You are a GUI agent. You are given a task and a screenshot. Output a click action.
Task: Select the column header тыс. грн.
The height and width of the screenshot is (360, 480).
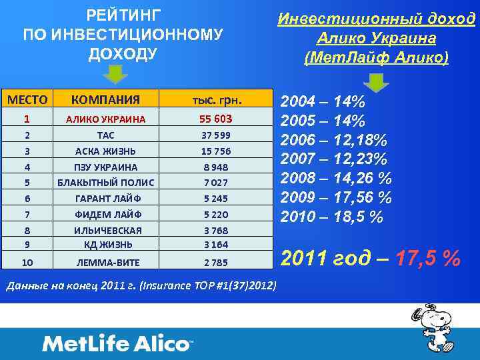tap(216, 100)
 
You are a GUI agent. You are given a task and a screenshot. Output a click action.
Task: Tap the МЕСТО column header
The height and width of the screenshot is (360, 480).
tap(27, 100)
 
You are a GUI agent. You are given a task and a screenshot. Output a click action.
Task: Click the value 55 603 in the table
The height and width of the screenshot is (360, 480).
tap(216, 119)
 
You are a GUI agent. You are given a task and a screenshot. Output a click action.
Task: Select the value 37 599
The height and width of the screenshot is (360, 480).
tap(216, 135)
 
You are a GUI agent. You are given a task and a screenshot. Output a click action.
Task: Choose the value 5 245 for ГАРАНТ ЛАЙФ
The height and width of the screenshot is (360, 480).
tap(216, 198)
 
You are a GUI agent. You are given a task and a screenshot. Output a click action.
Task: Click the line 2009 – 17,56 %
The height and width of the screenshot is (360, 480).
tap(336, 198)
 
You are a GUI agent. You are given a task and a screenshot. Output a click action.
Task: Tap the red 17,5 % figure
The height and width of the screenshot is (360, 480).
tap(426, 258)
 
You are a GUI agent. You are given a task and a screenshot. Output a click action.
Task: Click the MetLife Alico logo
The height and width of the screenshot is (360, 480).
tap(117, 344)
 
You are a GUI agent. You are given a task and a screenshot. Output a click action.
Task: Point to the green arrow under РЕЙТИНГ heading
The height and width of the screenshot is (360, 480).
tap(117, 75)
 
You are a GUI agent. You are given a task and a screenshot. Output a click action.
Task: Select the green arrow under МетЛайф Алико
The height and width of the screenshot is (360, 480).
tap(377, 83)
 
